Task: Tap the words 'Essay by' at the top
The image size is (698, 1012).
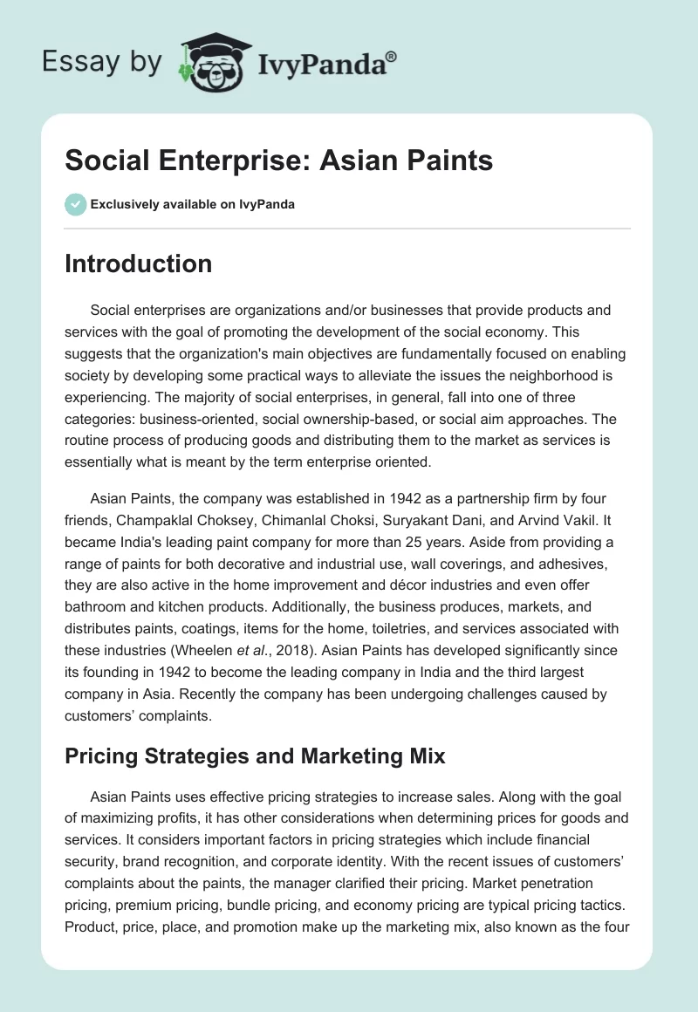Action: point(102,63)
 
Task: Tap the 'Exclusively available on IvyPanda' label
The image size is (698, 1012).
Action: point(192,205)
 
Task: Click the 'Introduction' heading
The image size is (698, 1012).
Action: point(138,263)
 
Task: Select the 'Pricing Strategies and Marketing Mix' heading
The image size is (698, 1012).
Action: point(255,756)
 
